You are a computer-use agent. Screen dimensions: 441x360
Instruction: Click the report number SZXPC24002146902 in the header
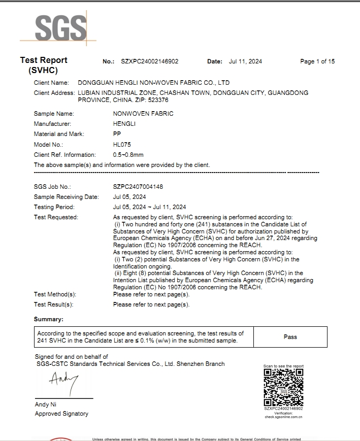coord(150,61)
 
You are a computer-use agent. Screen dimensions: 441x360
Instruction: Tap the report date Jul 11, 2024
coord(245,61)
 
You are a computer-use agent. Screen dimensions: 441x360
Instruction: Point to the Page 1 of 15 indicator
coord(317,61)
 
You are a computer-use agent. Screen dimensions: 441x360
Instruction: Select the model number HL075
coord(121,145)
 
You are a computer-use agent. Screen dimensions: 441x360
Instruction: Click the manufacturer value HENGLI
coord(124,124)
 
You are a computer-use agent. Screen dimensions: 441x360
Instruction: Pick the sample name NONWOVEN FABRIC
coord(143,114)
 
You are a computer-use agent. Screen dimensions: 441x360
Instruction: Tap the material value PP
coord(117,134)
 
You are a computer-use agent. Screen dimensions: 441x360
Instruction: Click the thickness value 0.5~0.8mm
coord(128,155)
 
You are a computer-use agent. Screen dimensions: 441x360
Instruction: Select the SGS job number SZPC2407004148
coord(138,187)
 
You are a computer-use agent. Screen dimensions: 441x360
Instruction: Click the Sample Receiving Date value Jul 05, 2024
coord(129,197)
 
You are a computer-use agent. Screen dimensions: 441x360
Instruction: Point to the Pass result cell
coord(290,337)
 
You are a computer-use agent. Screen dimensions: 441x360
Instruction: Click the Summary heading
coord(49,319)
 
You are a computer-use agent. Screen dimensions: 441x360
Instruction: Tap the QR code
coord(283,387)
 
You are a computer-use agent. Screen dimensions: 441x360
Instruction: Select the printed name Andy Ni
coord(45,404)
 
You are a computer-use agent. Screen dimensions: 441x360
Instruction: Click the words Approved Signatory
coord(61,414)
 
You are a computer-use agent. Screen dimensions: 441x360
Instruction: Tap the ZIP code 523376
coord(158,100)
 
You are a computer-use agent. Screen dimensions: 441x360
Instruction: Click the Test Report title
coord(44,60)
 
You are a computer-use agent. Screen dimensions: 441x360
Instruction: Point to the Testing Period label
coord(54,207)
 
